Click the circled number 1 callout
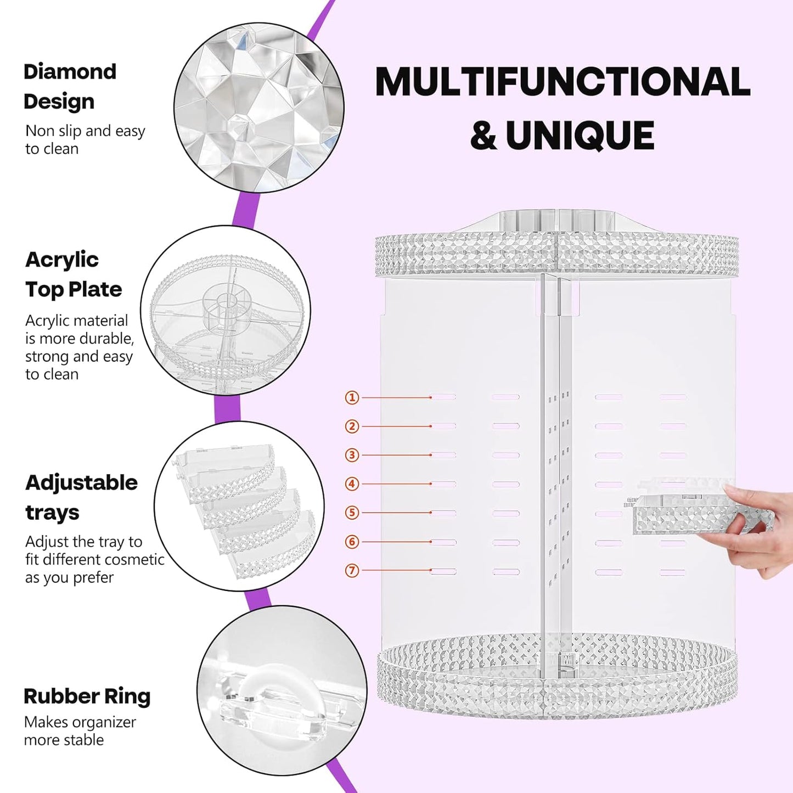coord(352,397)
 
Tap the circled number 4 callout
coord(352,484)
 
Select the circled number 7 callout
coord(352,571)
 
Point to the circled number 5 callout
coord(352,513)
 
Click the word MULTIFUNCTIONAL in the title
coord(563,82)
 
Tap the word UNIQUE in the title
coord(580,136)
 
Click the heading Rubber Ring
coord(87,696)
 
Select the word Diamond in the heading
coord(70,72)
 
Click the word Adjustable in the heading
coord(81,483)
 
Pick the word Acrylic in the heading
coord(62,260)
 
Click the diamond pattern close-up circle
coord(259,108)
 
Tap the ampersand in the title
coord(483,136)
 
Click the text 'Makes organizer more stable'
coord(80,731)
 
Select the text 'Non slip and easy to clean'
coord(85,139)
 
